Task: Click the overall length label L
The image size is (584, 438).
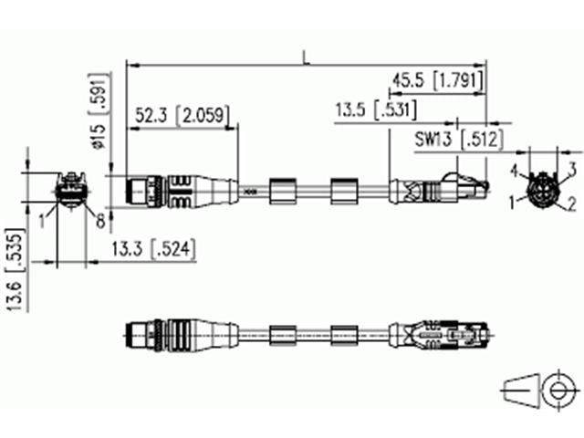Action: pos(307,57)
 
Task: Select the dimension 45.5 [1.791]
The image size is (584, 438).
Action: pos(436,81)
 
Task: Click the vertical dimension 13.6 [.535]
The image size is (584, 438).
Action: pos(13,257)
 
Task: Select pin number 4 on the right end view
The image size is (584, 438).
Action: pos(514,171)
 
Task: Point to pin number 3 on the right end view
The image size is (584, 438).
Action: pos(572,168)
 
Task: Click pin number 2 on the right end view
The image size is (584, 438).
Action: pos(571,203)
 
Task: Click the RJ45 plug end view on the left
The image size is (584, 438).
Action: pos(70,192)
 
